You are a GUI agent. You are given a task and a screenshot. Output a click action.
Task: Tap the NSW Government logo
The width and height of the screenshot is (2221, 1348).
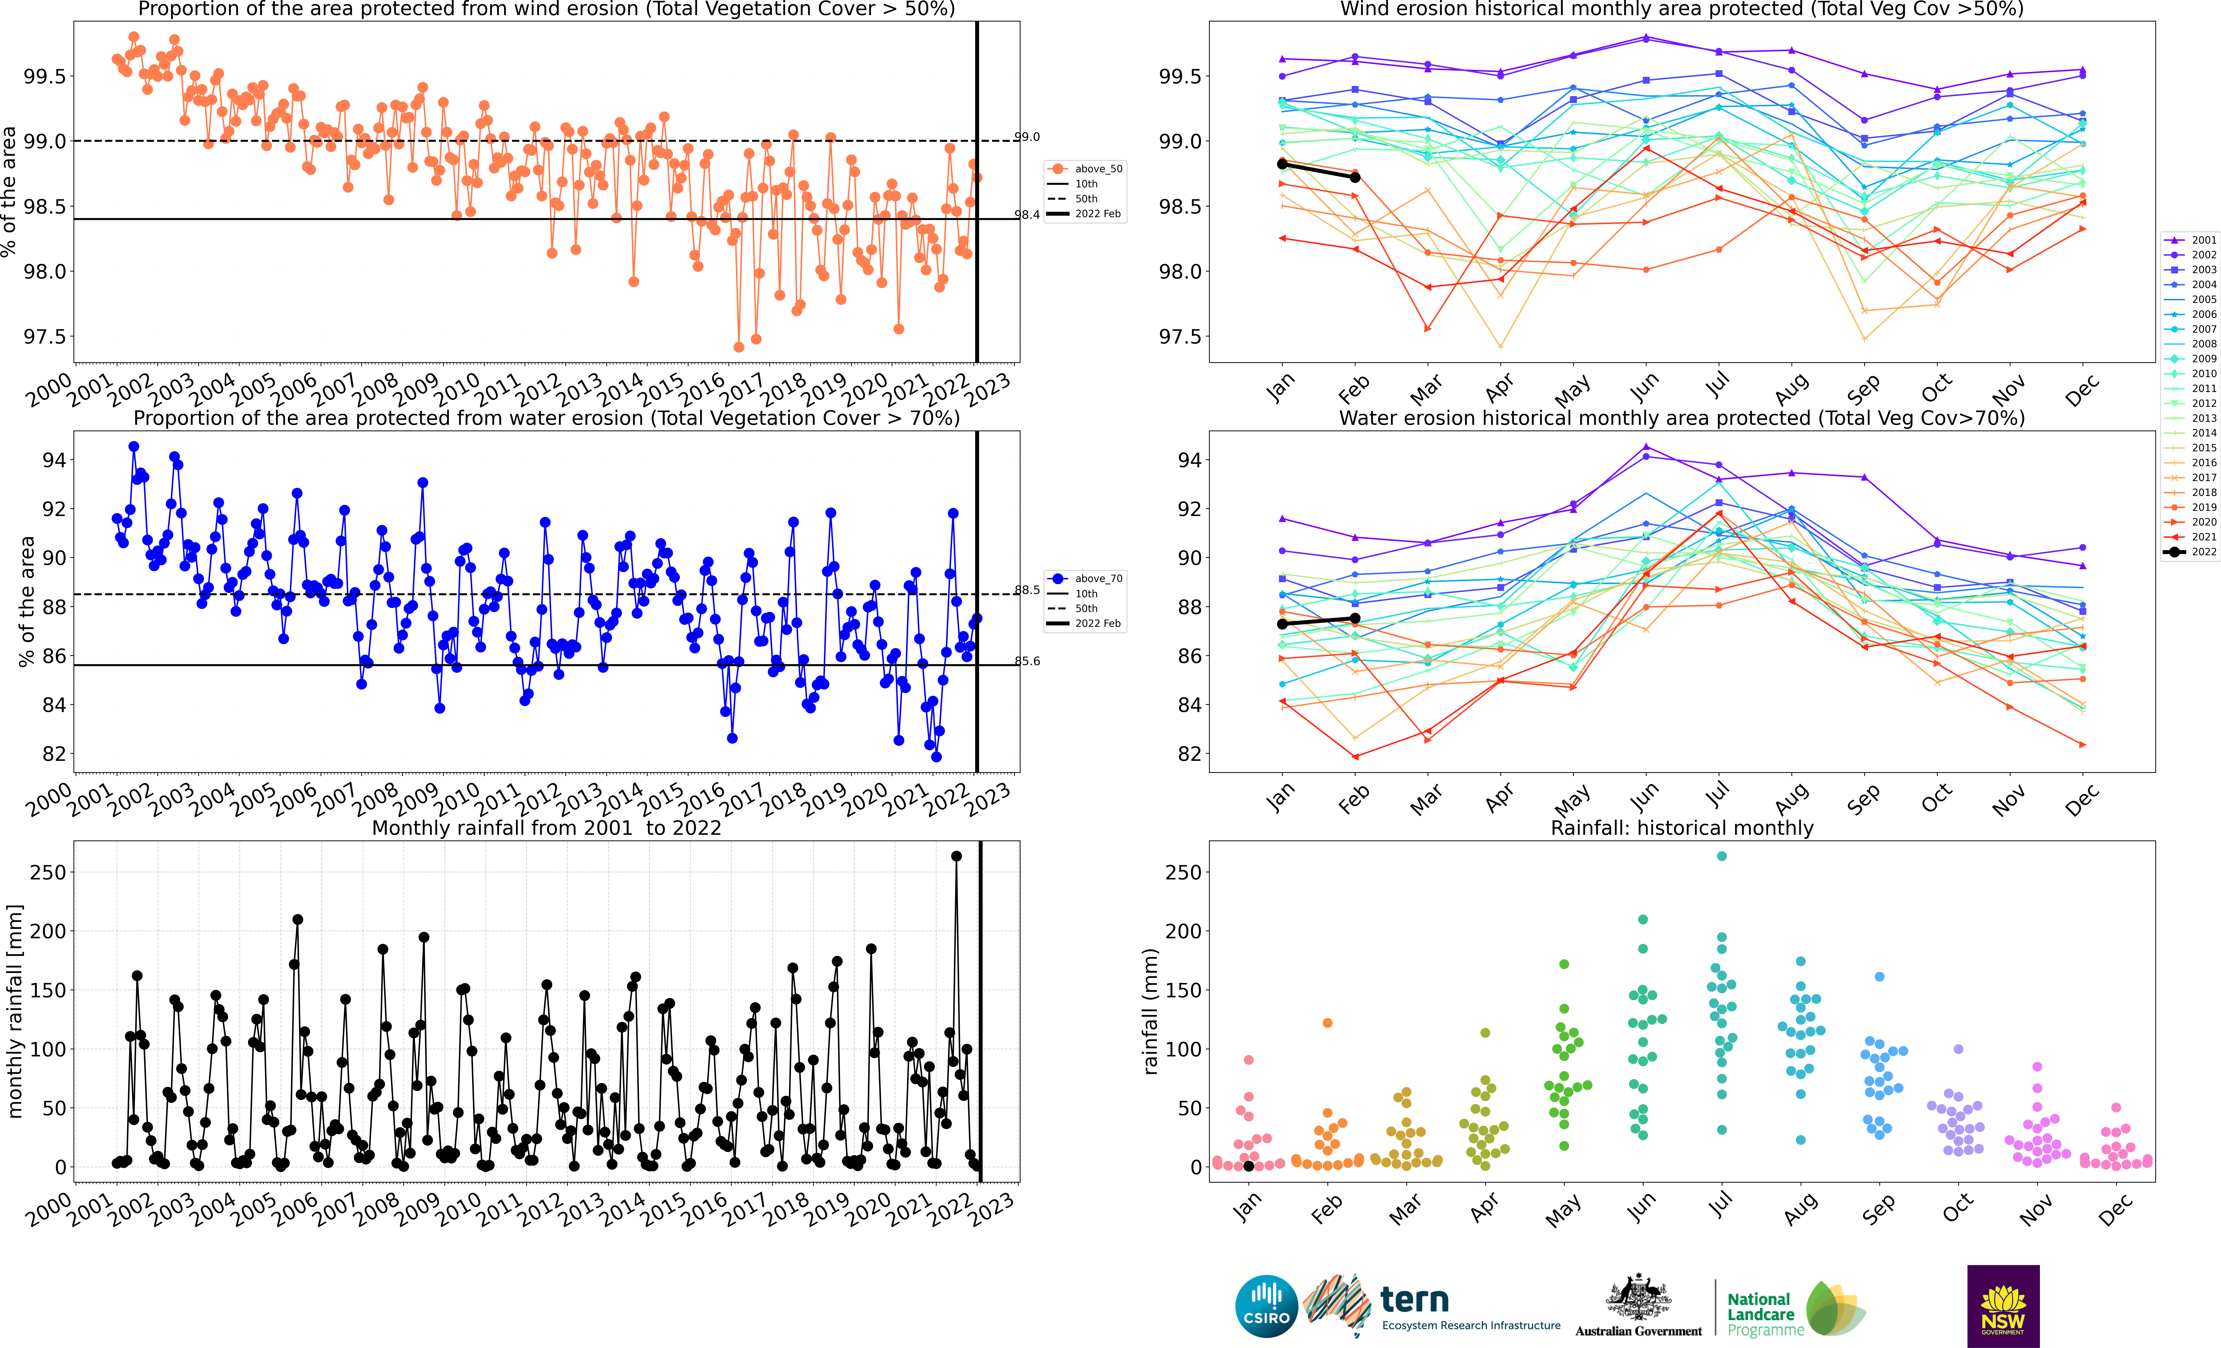(x=2003, y=1306)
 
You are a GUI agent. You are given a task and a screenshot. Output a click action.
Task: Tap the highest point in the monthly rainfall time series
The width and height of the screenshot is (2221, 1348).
(x=956, y=857)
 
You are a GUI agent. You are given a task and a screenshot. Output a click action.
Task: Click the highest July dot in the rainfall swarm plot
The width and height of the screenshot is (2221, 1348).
(x=1722, y=857)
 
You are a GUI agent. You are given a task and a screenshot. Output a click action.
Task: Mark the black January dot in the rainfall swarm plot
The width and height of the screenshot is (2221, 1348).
(x=1248, y=1166)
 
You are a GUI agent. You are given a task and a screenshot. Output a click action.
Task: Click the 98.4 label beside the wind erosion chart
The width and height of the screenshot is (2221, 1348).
(x=1028, y=215)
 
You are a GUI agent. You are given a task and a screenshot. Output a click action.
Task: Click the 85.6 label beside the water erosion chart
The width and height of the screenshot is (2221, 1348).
(x=1028, y=661)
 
